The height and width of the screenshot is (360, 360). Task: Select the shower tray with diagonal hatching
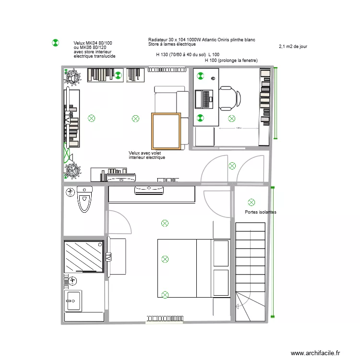(x=84, y=257)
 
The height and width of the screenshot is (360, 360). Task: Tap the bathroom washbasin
(x=73, y=301)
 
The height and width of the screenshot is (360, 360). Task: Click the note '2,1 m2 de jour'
(x=293, y=47)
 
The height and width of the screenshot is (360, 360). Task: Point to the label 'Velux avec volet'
(x=145, y=153)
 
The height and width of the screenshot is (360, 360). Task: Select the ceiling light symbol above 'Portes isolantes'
(x=251, y=202)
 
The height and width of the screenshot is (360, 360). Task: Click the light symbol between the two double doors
(x=232, y=166)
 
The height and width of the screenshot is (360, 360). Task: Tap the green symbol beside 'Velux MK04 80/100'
(x=55, y=43)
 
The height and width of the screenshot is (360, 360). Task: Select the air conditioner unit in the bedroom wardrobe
(x=150, y=190)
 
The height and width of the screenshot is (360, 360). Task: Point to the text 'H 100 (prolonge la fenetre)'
(x=231, y=60)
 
